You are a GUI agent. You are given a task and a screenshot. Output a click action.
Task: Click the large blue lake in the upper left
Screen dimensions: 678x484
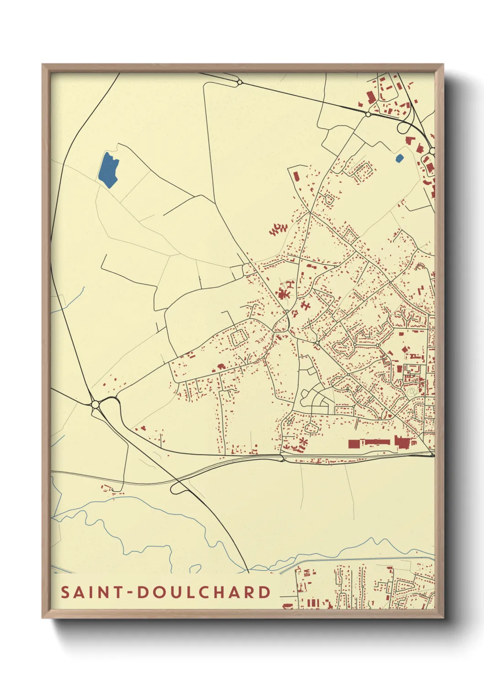point(108,169)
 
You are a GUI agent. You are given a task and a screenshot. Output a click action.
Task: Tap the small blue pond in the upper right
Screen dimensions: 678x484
point(399,159)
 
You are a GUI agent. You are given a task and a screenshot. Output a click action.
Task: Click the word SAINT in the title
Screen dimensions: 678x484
point(92,592)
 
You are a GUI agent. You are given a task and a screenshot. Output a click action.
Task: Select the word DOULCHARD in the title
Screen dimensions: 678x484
point(204,592)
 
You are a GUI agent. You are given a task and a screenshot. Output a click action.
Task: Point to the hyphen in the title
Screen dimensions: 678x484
point(130,593)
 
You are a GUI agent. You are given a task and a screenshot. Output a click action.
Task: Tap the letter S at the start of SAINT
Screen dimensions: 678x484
point(65,592)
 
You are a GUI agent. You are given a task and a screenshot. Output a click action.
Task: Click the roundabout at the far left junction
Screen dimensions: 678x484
point(95,405)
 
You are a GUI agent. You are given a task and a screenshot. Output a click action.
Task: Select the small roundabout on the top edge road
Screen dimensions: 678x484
point(239,82)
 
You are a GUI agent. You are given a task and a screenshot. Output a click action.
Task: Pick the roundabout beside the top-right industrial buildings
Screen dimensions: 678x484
point(368,114)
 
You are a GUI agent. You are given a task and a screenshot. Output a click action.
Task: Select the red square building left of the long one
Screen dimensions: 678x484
point(354,443)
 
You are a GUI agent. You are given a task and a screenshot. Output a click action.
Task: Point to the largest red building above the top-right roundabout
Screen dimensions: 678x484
point(370,97)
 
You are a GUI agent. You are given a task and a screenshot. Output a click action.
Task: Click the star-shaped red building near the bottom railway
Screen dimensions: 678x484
point(303,442)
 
